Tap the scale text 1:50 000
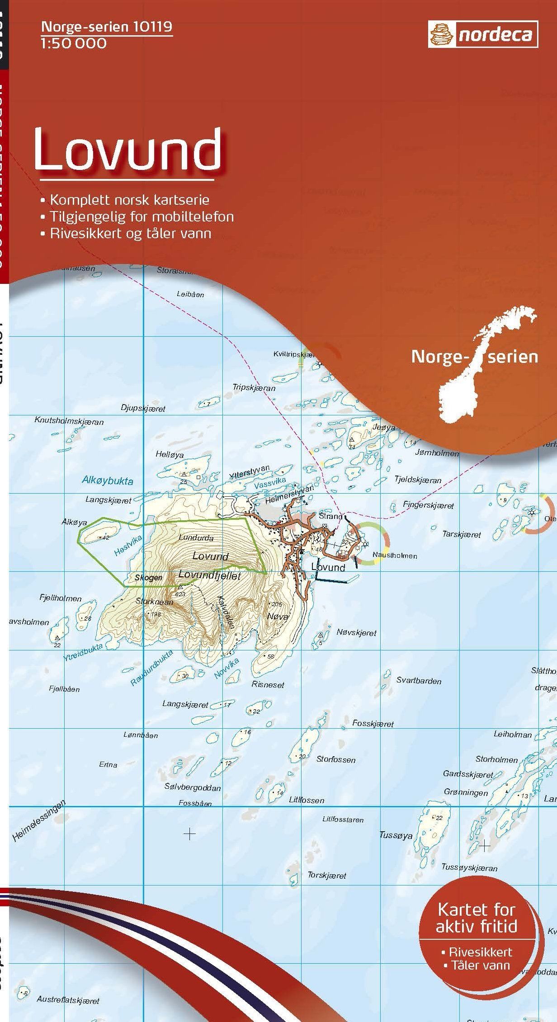click(74, 43)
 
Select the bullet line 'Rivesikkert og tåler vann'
click(131, 233)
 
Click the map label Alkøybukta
click(108, 481)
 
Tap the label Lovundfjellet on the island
click(210, 575)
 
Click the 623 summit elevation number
click(180, 594)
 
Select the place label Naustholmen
click(394, 556)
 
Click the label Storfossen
click(335, 759)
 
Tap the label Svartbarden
click(419, 681)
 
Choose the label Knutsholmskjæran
click(69, 421)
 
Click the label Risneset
click(268, 684)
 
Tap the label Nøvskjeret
click(356, 633)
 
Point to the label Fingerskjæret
click(428, 505)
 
